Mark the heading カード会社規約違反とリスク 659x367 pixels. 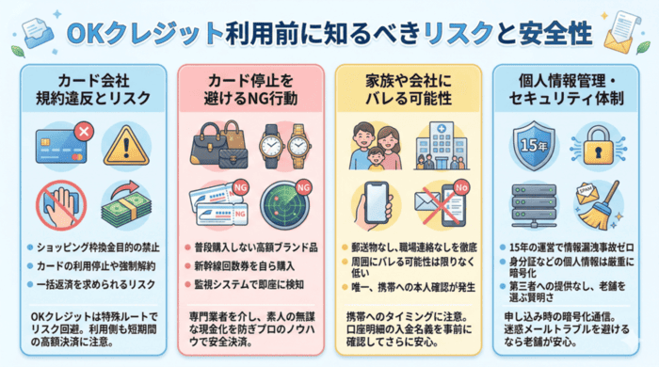coord(97,85)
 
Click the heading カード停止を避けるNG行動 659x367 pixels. coord(252,85)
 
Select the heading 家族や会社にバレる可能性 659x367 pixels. coord(409,85)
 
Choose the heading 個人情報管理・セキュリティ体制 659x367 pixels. coord(563,85)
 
